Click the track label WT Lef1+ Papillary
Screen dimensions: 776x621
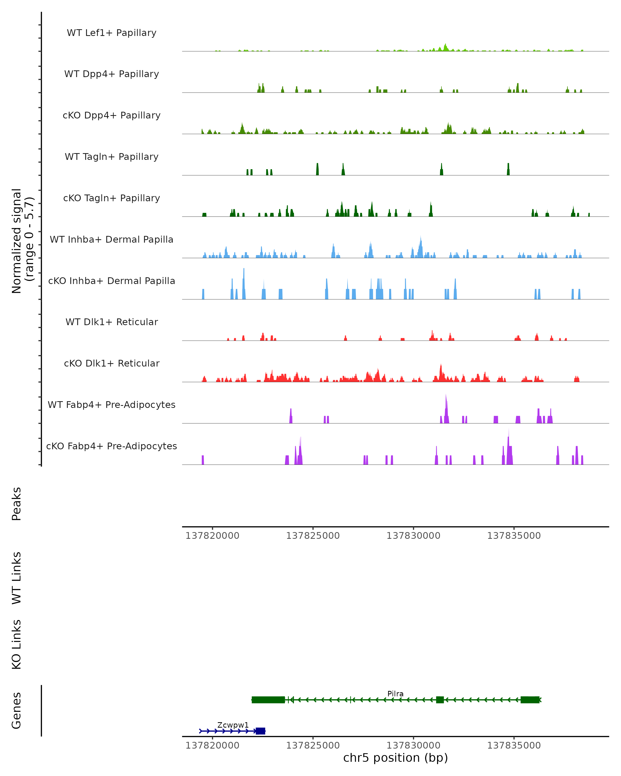click(x=112, y=33)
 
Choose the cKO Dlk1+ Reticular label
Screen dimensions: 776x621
click(x=112, y=363)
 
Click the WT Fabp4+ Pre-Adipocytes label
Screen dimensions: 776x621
click(x=112, y=405)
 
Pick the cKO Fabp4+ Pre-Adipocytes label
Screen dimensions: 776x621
click(x=112, y=446)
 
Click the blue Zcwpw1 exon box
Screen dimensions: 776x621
click(x=260, y=731)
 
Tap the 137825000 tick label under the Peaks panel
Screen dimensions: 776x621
click(x=313, y=536)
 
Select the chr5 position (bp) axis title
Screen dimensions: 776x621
click(x=395, y=758)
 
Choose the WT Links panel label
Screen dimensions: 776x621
click(x=17, y=578)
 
